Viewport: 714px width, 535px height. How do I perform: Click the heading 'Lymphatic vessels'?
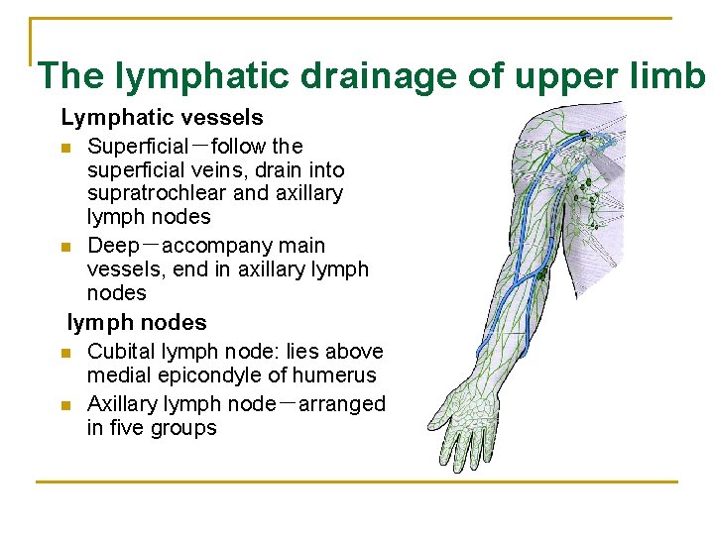162,119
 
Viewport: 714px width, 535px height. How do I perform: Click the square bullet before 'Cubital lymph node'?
65,353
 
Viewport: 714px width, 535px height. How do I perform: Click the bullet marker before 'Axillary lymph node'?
65,405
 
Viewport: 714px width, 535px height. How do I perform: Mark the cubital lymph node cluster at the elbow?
541,288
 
